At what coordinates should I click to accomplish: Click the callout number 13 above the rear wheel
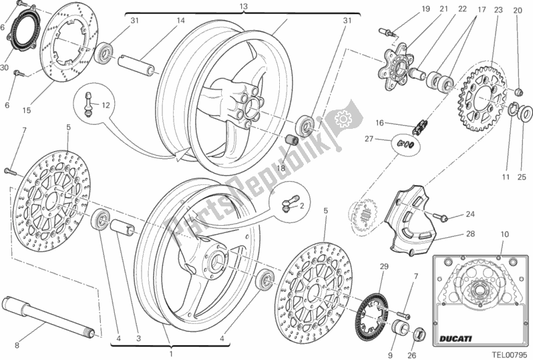224,6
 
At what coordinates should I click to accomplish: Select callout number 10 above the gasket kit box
504,234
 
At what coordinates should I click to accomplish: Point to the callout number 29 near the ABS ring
383,267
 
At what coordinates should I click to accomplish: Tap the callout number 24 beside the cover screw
470,214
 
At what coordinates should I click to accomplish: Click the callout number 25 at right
523,177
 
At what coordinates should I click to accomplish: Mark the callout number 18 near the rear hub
281,169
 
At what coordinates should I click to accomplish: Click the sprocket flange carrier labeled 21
395,64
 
